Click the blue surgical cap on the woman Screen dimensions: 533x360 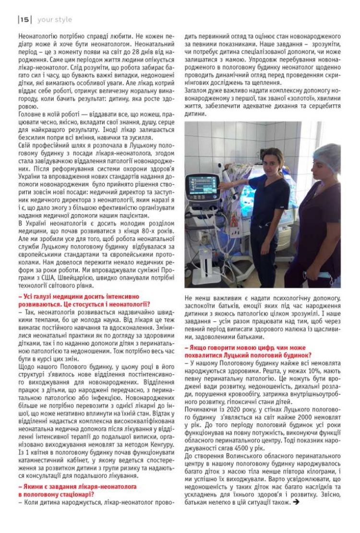pyautogui.click(x=326, y=155)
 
